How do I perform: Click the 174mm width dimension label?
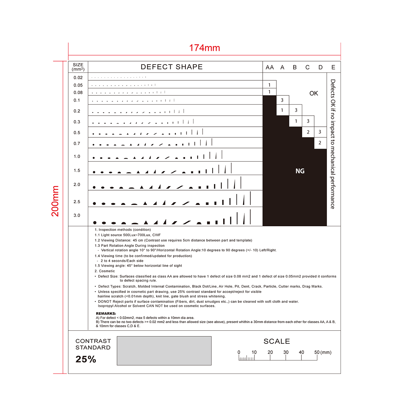pyautogui.click(x=205, y=48)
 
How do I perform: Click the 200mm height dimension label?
pyautogui.click(x=55, y=201)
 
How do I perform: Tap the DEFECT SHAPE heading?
pyautogui.click(x=172, y=67)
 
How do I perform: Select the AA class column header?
pyautogui.click(x=270, y=67)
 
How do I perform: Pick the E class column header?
pyautogui.click(x=333, y=67)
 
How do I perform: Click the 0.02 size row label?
pyautogui.click(x=78, y=78)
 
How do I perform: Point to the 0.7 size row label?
pyautogui.click(x=77, y=144)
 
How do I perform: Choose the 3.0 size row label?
pyautogui.click(x=77, y=215)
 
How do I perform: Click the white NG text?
pyautogui.click(x=300, y=171)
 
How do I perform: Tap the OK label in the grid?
pyautogui.click(x=313, y=93)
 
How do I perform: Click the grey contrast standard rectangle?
pyautogui.click(x=164, y=351)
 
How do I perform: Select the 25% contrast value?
pyautogui.click(x=86, y=359)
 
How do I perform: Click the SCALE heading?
pyautogui.click(x=277, y=341)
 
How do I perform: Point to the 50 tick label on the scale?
pyautogui.click(x=317, y=352)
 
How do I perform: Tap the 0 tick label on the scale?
pyautogui.click(x=239, y=352)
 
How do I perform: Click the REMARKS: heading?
pyautogui.click(x=106, y=313)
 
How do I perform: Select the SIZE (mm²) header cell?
pyautogui.click(x=78, y=67)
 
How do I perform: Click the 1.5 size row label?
pyautogui.click(x=77, y=170)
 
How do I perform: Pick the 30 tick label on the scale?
pyautogui.click(x=286, y=352)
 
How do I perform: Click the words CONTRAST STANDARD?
pyautogui.click(x=93, y=344)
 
